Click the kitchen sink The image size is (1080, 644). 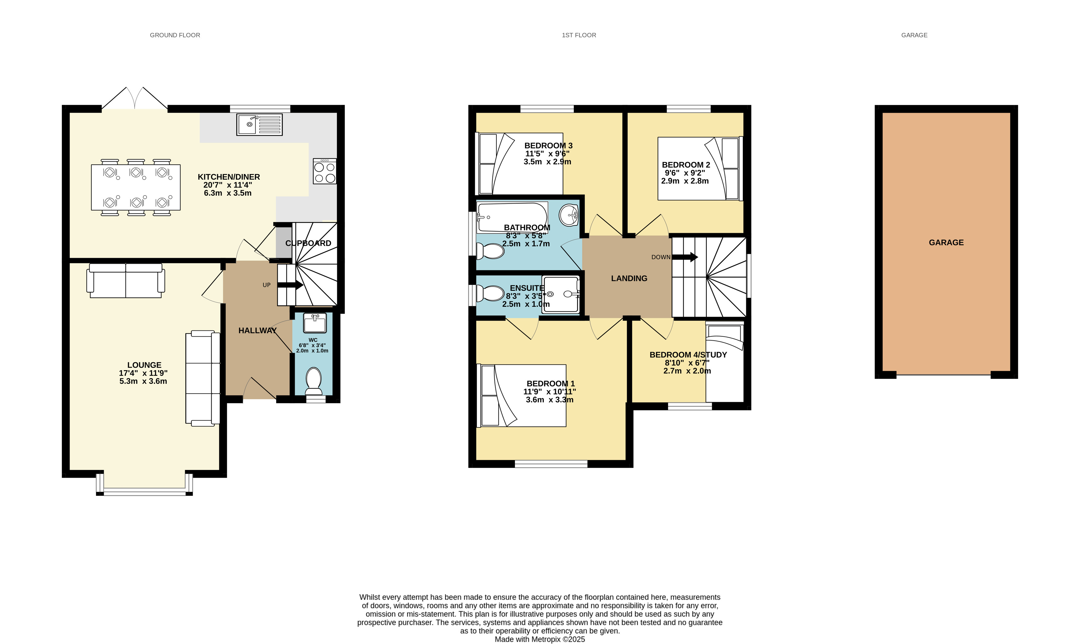point(260,124)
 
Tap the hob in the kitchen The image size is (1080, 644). point(325,171)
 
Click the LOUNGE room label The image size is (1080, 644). point(144,365)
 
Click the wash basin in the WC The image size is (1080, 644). point(315,323)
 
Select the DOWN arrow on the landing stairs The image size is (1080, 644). point(685,257)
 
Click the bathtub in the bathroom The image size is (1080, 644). point(512,217)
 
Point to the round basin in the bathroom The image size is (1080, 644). point(568,215)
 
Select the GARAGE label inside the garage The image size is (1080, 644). point(946,243)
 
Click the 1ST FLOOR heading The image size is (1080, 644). point(579,35)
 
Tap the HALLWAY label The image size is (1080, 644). point(257,331)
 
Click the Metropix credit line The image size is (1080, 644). point(540,639)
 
